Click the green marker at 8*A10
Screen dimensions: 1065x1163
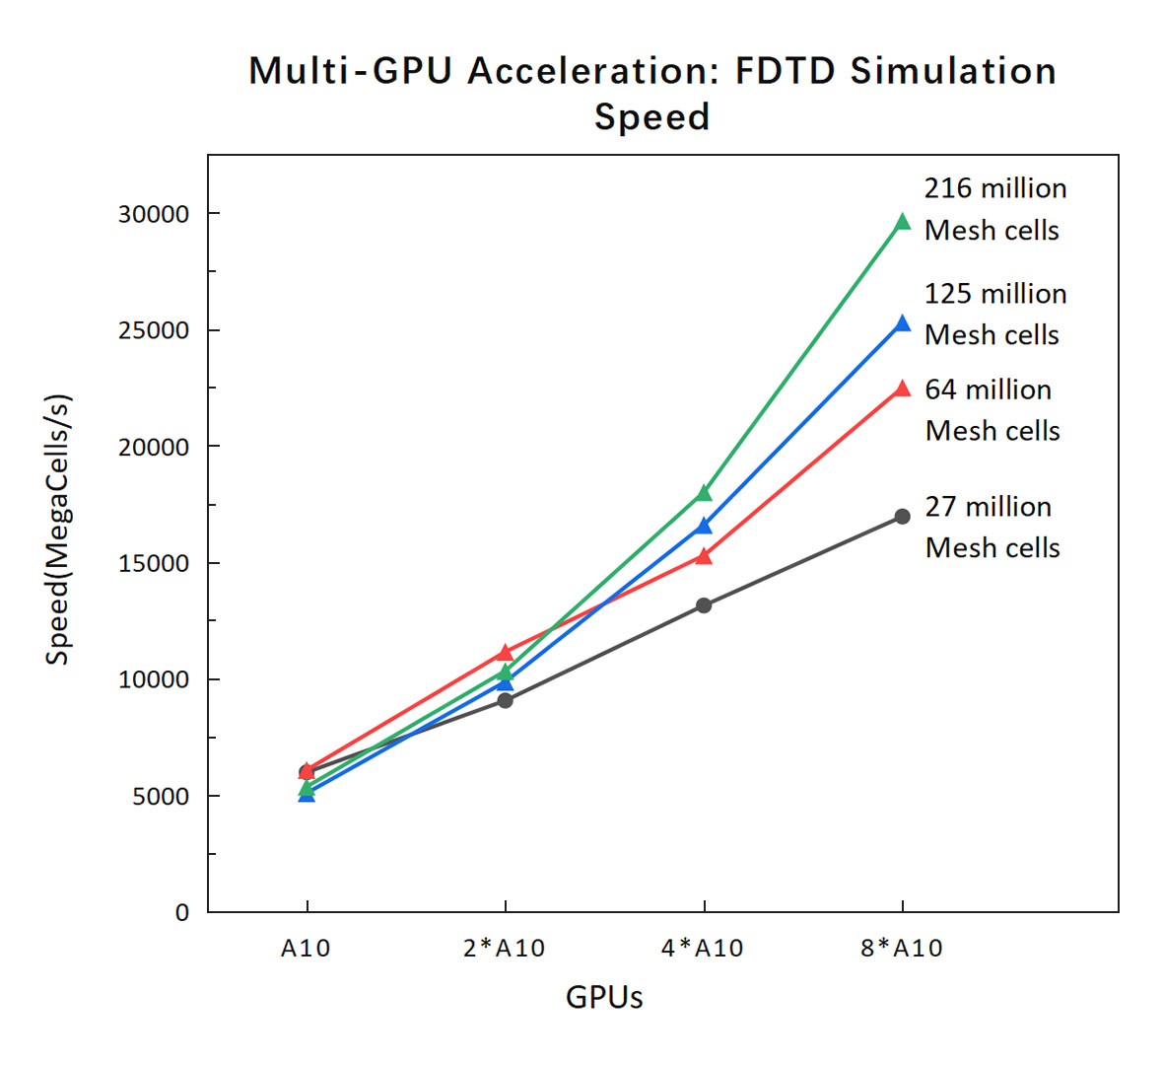tap(902, 222)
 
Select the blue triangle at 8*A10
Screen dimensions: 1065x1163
tap(902, 323)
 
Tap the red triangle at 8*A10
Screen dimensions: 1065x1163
tap(902, 389)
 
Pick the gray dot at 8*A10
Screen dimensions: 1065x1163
tap(902, 517)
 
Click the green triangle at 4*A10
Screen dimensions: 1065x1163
tap(704, 493)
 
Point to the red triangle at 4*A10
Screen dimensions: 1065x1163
tap(704, 556)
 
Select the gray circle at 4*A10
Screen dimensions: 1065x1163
tap(704, 605)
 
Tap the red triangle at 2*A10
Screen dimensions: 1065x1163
tap(505, 653)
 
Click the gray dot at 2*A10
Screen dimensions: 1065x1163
tap(505, 700)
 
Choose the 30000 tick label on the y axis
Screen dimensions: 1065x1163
tap(154, 215)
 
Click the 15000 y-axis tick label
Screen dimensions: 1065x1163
tap(154, 564)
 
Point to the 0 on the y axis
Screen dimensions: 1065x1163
tap(182, 913)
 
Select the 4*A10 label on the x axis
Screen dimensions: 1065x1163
tap(703, 949)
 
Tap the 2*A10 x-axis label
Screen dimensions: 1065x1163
tap(504, 949)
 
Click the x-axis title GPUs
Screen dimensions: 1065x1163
tap(604, 998)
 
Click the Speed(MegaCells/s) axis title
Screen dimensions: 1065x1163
tap(59, 531)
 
